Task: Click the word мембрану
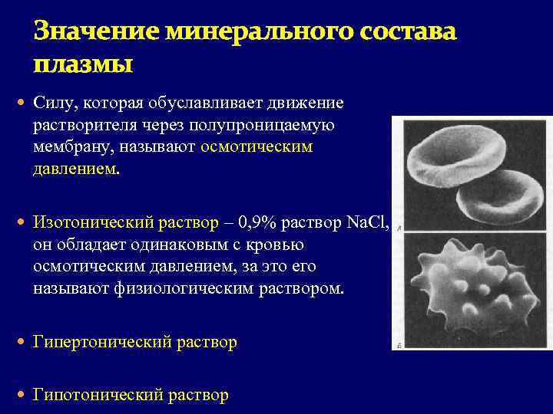[71, 146]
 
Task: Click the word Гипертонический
[101, 342]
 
